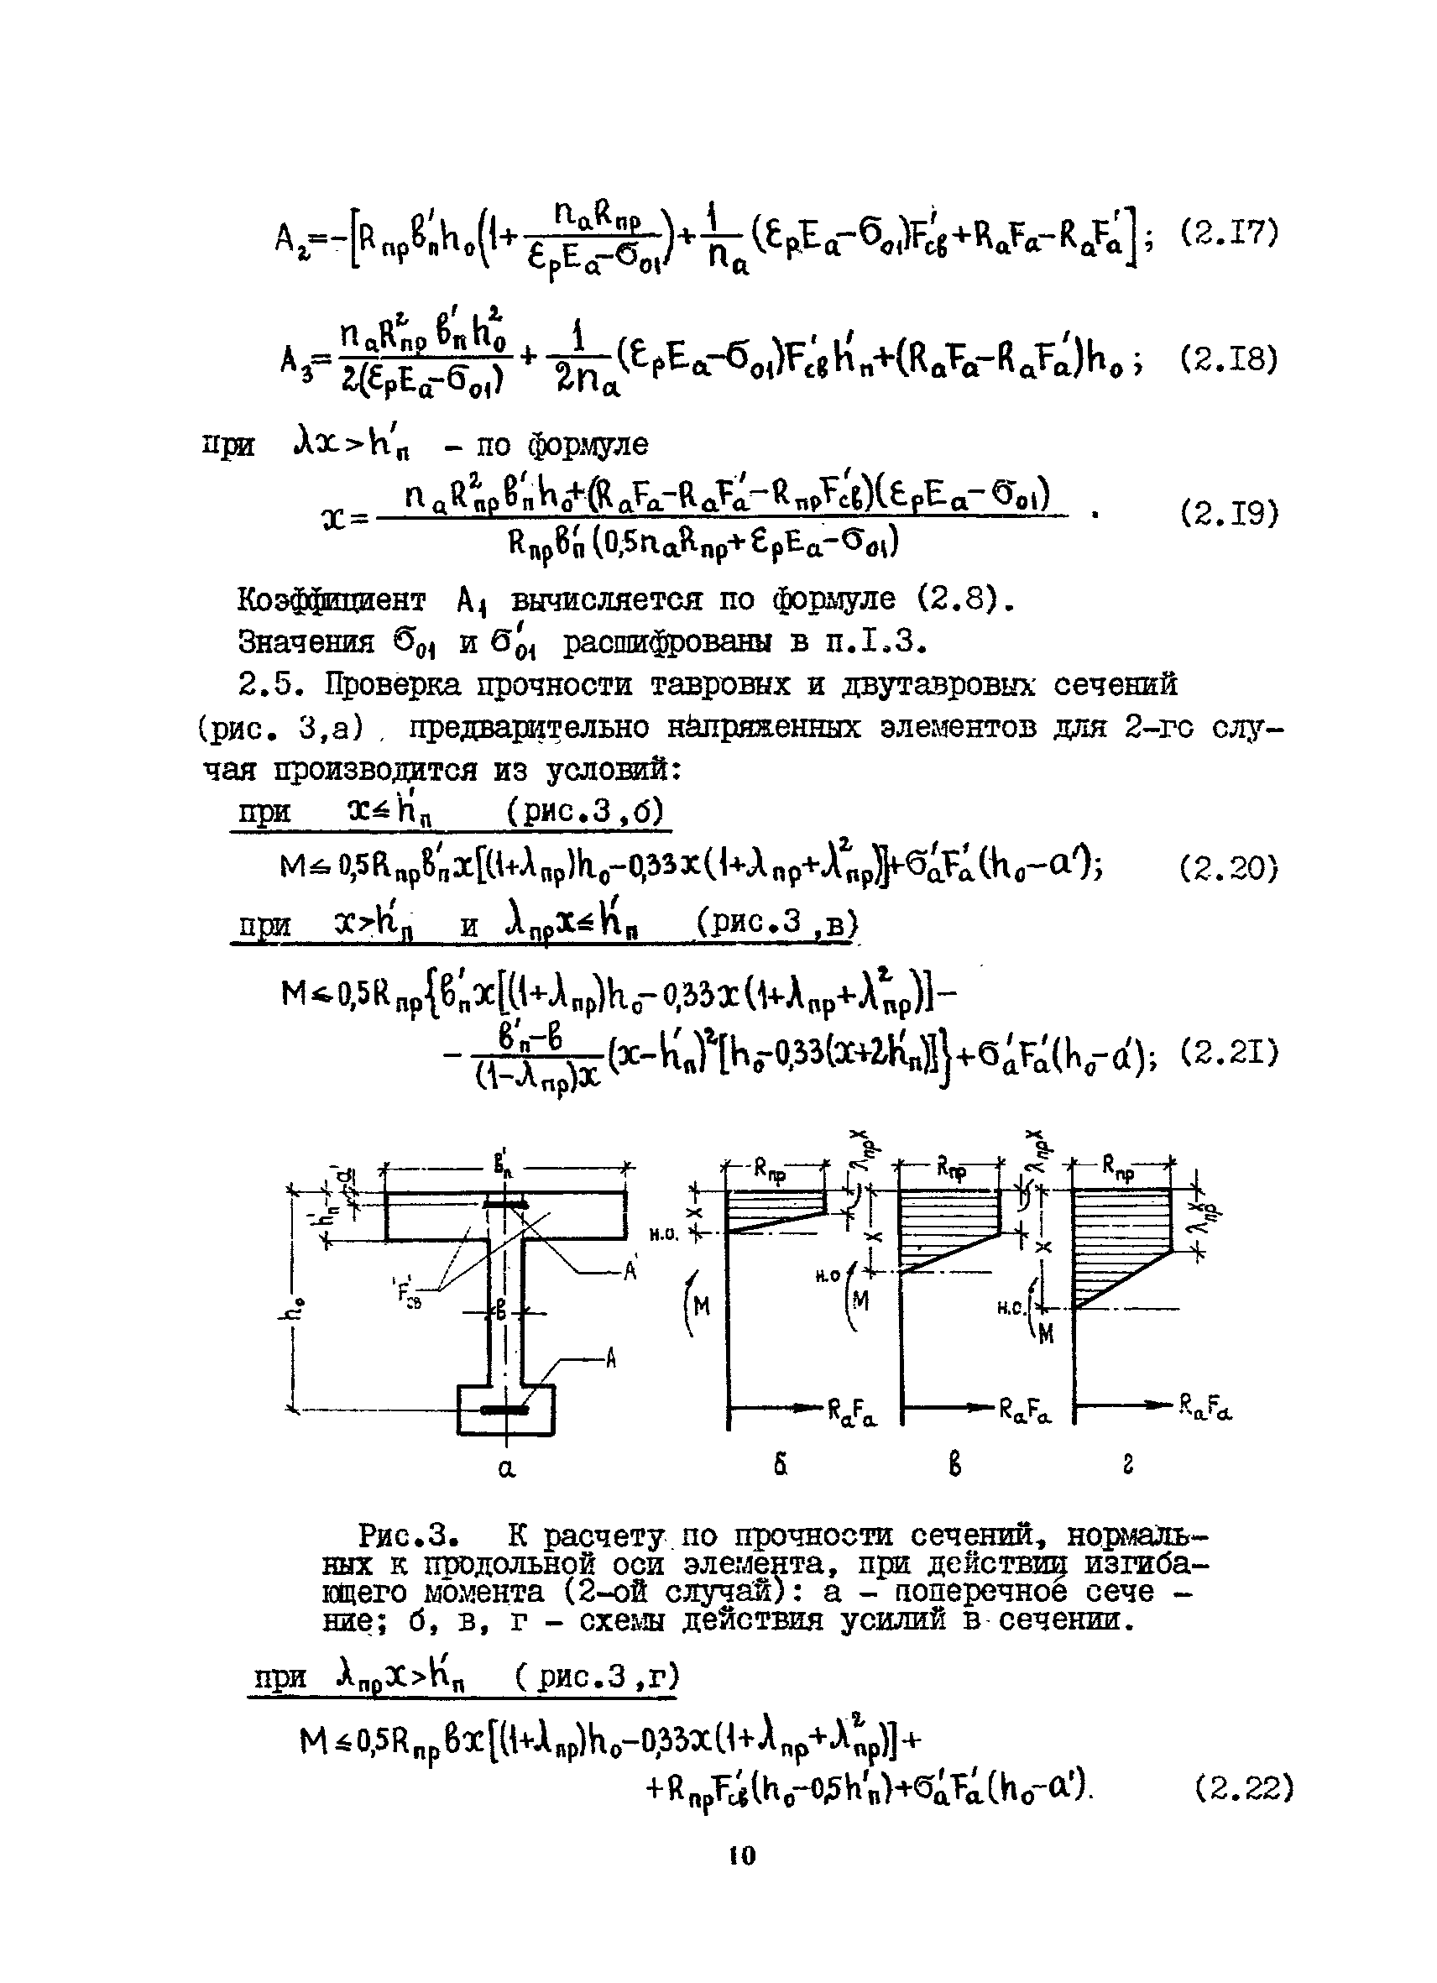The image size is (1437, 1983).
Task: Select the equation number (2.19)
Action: [1229, 512]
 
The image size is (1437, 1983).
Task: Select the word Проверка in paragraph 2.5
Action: [399, 684]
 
